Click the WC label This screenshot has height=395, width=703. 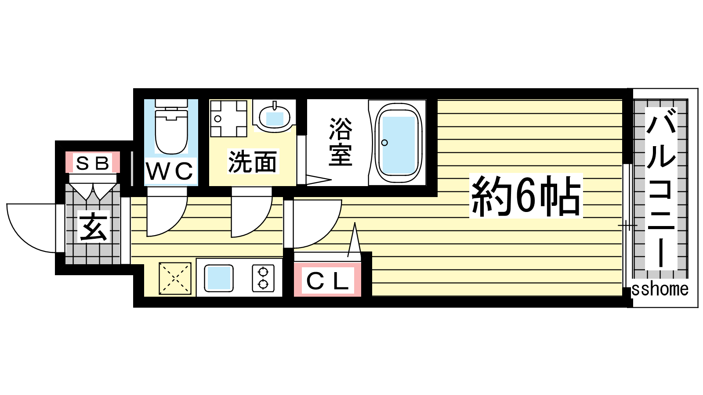point(169,171)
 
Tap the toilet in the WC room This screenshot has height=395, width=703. point(171,126)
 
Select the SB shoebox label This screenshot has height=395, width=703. point(93,163)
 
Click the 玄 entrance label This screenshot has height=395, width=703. point(94,227)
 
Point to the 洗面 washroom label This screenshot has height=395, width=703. point(253,162)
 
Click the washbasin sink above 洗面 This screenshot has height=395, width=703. point(275,117)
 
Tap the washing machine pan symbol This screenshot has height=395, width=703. point(228,118)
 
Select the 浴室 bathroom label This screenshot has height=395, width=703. point(341,141)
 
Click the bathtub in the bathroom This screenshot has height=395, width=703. point(398,143)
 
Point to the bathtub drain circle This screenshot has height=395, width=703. point(384,143)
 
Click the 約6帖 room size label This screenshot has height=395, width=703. point(526,196)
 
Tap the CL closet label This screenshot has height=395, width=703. point(327,281)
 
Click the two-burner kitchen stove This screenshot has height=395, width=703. point(263,278)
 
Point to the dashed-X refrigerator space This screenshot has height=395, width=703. point(175,278)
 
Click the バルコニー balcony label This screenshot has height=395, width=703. point(661,188)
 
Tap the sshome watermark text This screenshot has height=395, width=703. point(660,289)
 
